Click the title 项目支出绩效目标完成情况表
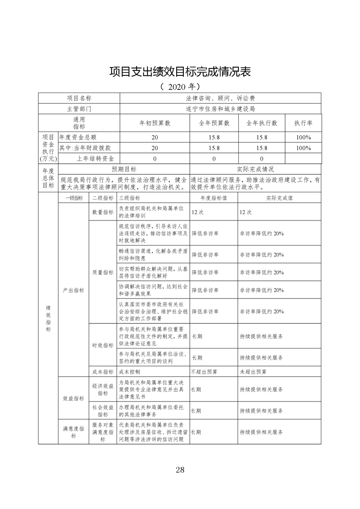pos(180,72)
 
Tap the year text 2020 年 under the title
pos(180,86)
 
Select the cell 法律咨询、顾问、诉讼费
pos(221,98)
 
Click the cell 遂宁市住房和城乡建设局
pos(221,109)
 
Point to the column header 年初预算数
pos(154,123)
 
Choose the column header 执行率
pos(303,123)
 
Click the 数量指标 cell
pos(103,212)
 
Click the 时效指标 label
pos(103,345)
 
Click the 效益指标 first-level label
pos(73,398)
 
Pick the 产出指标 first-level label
pos(73,290)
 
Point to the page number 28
pos(180,470)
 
